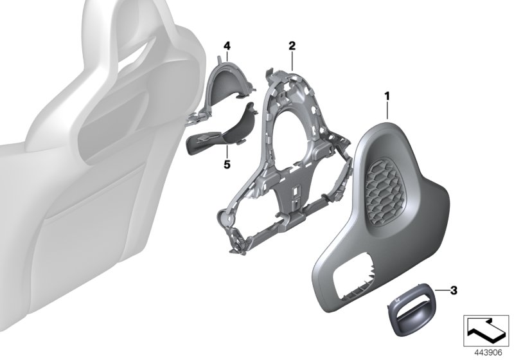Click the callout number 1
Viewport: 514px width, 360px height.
[387, 96]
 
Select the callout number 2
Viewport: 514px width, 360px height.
[292, 46]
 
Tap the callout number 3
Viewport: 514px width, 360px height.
[454, 290]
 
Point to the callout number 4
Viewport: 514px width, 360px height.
[227, 46]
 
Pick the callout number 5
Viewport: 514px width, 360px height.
[227, 164]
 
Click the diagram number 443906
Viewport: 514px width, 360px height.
[488, 353]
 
